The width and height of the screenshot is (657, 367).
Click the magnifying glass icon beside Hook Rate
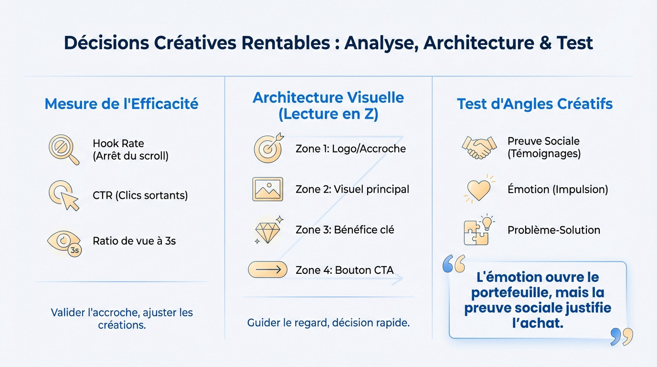pyautogui.click(x=64, y=150)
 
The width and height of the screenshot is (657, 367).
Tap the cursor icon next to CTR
pyautogui.click(x=64, y=195)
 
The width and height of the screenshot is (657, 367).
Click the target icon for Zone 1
pyautogui.click(x=267, y=148)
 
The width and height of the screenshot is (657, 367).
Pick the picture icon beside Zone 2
pyautogui.click(x=267, y=189)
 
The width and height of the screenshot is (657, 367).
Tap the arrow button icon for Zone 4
pyautogui.click(x=267, y=270)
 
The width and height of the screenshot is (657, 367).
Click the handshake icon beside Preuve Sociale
pyautogui.click(x=479, y=147)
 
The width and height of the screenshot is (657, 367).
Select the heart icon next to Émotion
pyautogui.click(x=479, y=189)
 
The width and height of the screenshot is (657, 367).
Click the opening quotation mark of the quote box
pyautogui.click(x=454, y=263)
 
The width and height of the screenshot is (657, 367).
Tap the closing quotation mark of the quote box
pyautogui.click(x=622, y=336)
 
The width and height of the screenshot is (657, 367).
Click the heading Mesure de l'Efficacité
pyautogui.click(x=121, y=104)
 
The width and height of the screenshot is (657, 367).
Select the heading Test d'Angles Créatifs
pyautogui.click(x=535, y=104)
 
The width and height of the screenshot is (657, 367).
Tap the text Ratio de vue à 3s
pyautogui.click(x=134, y=241)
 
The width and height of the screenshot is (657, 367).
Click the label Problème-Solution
pyautogui.click(x=553, y=230)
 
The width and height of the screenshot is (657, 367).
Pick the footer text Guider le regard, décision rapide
pyautogui.click(x=328, y=323)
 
